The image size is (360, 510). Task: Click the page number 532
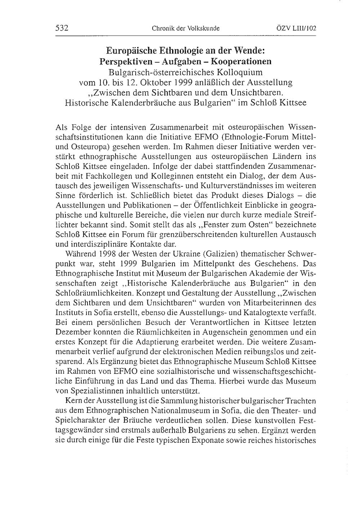pyautogui.click(x=62, y=28)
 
